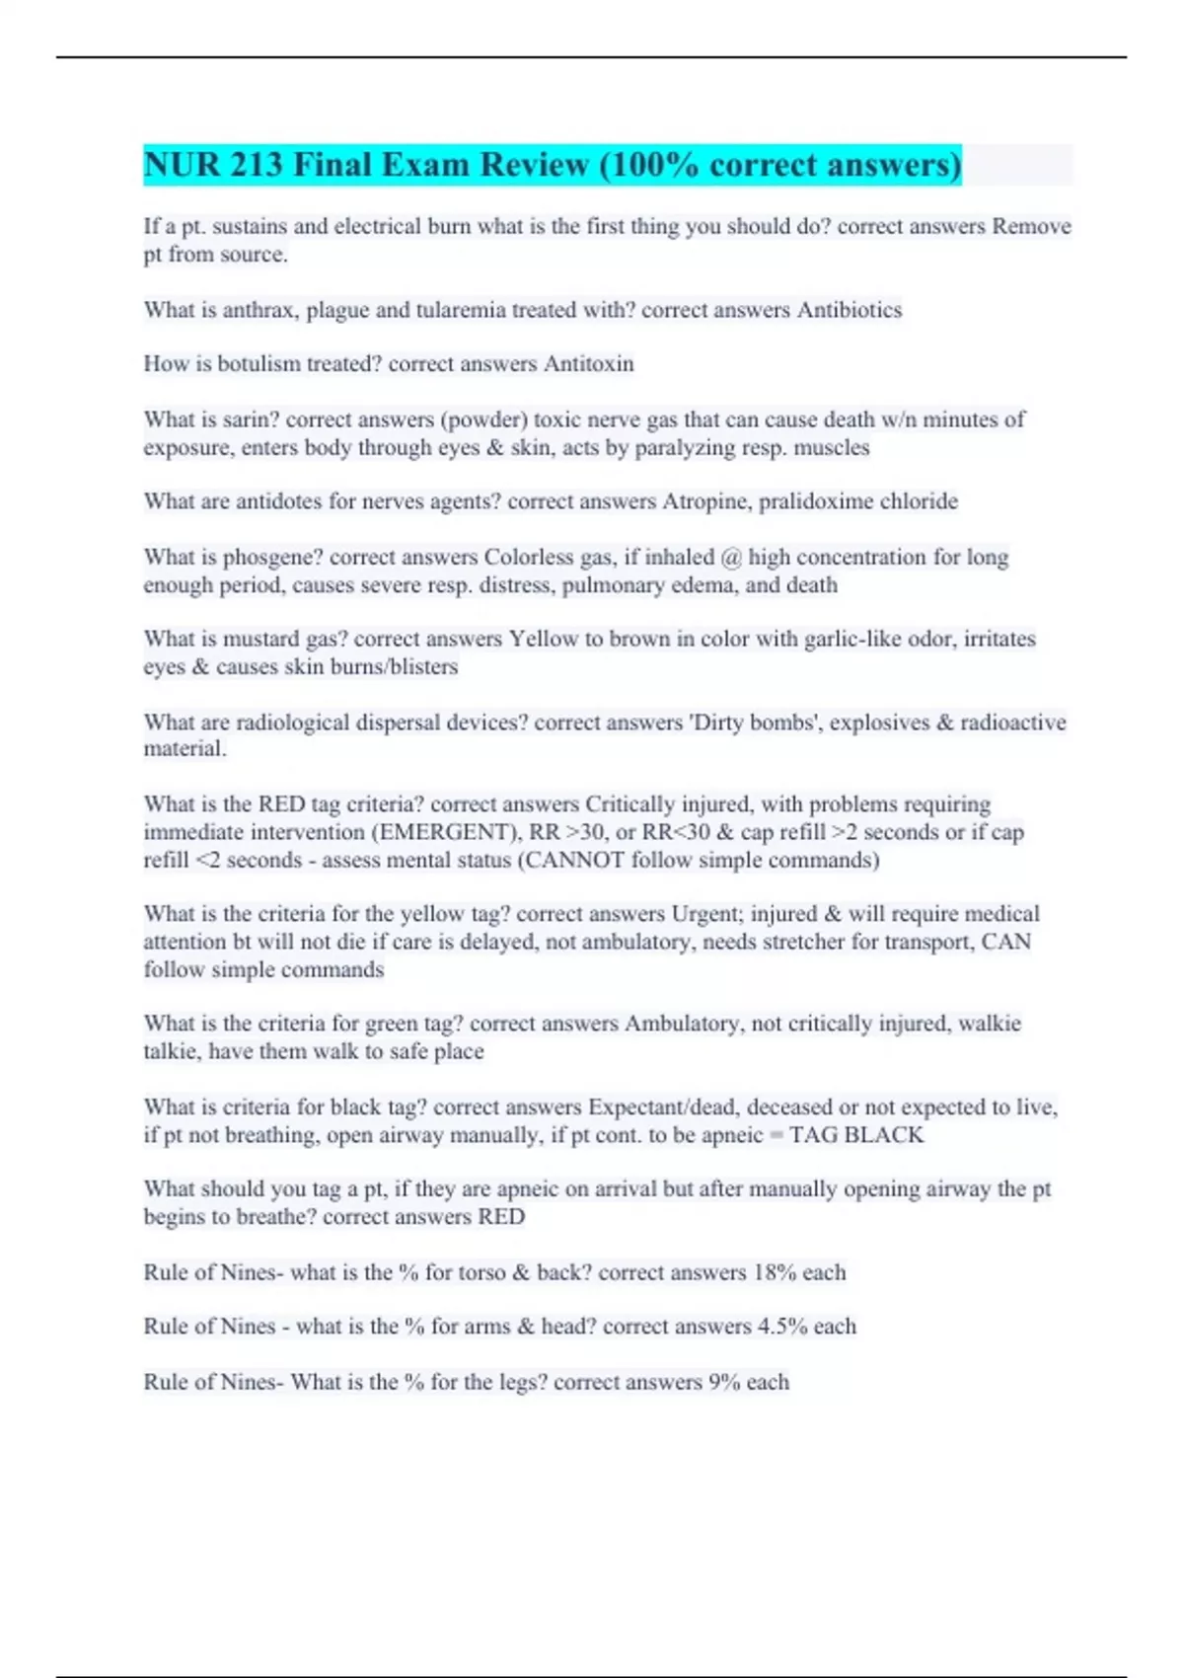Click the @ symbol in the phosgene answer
pyautogui.click(x=731, y=558)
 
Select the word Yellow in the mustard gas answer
pyautogui.click(x=544, y=639)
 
